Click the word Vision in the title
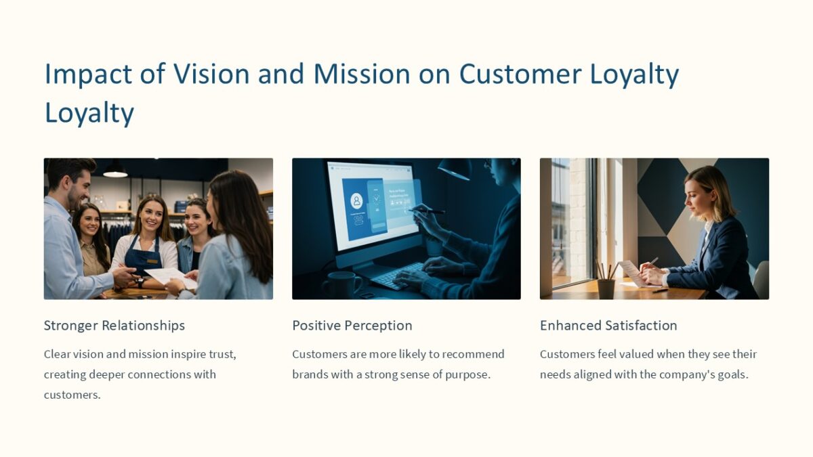tap(211, 74)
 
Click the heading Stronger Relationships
tap(114, 326)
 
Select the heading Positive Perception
tap(352, 326)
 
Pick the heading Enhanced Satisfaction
tap(608, 326)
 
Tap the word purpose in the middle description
tap(467, 374)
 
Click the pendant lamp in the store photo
tap(115, 171)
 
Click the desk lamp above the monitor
tap(456, 169)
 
